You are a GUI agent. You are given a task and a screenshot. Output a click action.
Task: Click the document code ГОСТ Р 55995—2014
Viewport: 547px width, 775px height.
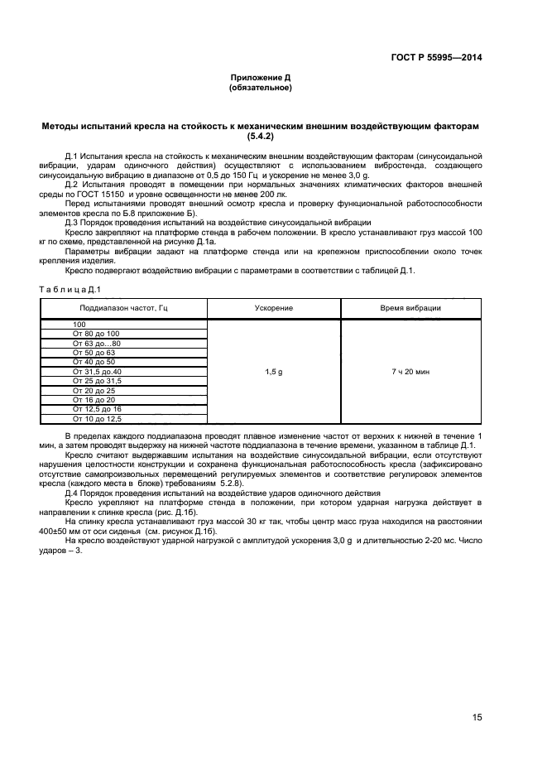437,57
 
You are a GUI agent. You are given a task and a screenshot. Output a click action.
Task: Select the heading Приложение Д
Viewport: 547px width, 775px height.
260,78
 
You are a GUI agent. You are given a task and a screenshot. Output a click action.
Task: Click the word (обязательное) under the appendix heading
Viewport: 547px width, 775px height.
260,87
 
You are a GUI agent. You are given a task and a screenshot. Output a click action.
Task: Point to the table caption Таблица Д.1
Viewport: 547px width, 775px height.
70,288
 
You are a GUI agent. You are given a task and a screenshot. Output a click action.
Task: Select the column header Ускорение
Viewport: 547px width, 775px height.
273,307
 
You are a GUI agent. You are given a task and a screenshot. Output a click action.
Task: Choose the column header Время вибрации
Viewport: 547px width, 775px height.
410,307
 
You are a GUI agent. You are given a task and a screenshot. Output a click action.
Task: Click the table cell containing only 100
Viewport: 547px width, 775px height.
79,324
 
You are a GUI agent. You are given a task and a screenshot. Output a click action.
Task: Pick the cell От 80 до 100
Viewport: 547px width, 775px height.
96,333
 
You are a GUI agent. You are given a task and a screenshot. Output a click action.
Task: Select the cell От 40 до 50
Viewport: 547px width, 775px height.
94,362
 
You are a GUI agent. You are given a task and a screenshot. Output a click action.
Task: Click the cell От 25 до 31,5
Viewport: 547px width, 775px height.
97,381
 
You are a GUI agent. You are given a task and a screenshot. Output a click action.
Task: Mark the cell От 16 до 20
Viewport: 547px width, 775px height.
94,400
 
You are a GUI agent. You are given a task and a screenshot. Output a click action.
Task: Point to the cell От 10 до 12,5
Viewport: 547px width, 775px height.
97,419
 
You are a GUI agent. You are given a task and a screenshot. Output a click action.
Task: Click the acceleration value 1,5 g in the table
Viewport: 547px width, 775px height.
273,372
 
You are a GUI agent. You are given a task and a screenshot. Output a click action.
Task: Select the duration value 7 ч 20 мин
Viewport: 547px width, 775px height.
410,372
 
